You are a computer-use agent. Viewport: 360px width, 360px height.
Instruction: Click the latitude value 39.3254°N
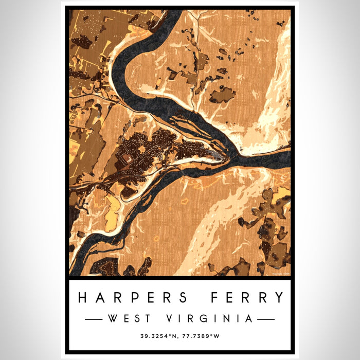pos(159,337)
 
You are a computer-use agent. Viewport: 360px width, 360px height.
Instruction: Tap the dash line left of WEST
pos(93,319)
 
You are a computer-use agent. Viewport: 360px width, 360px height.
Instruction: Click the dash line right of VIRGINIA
pos(266,319)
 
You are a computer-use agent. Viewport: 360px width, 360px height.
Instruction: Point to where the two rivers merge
pos(234,156)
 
